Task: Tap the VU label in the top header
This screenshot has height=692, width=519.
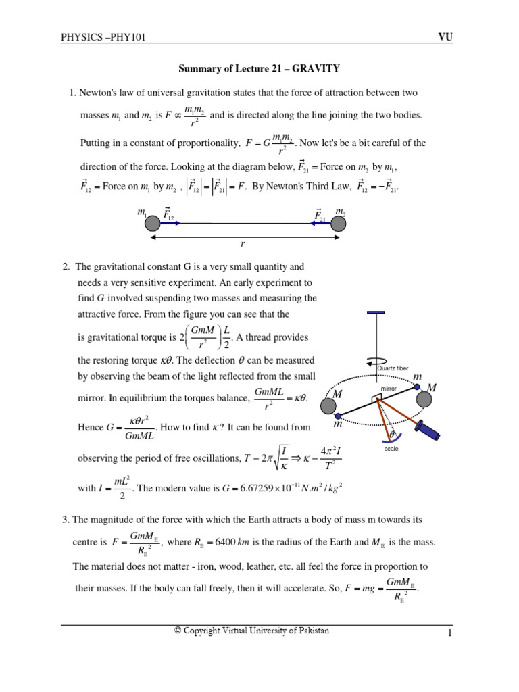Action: (x=445, y=38)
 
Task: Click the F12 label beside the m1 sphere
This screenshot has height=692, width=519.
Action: (x=168, y=214)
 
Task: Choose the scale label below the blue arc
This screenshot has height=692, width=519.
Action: (x=391, y=448)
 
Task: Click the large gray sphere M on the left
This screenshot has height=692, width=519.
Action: (x=328, y=405)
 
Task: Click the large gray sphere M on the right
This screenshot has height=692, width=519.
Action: (x=424, y=399)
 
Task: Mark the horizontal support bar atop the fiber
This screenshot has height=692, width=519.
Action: (x=375, y=313)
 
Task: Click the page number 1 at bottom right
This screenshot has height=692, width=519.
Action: (x=448, y=633)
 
